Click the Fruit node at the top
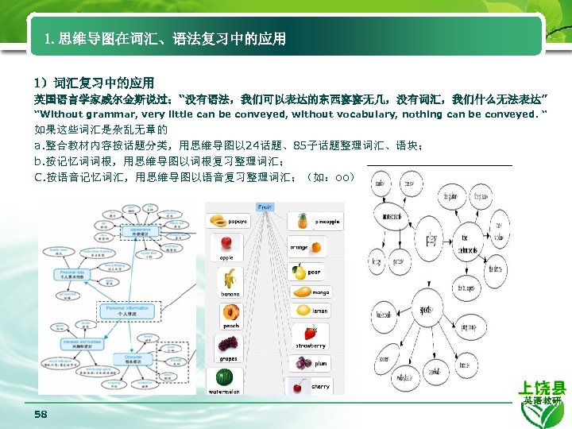265,207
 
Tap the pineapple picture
303,220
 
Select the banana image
230,278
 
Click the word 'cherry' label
320,387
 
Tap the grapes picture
228,343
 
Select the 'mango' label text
320,292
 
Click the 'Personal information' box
127,311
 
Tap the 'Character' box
131,359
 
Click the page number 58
41,415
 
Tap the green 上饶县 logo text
542,388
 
